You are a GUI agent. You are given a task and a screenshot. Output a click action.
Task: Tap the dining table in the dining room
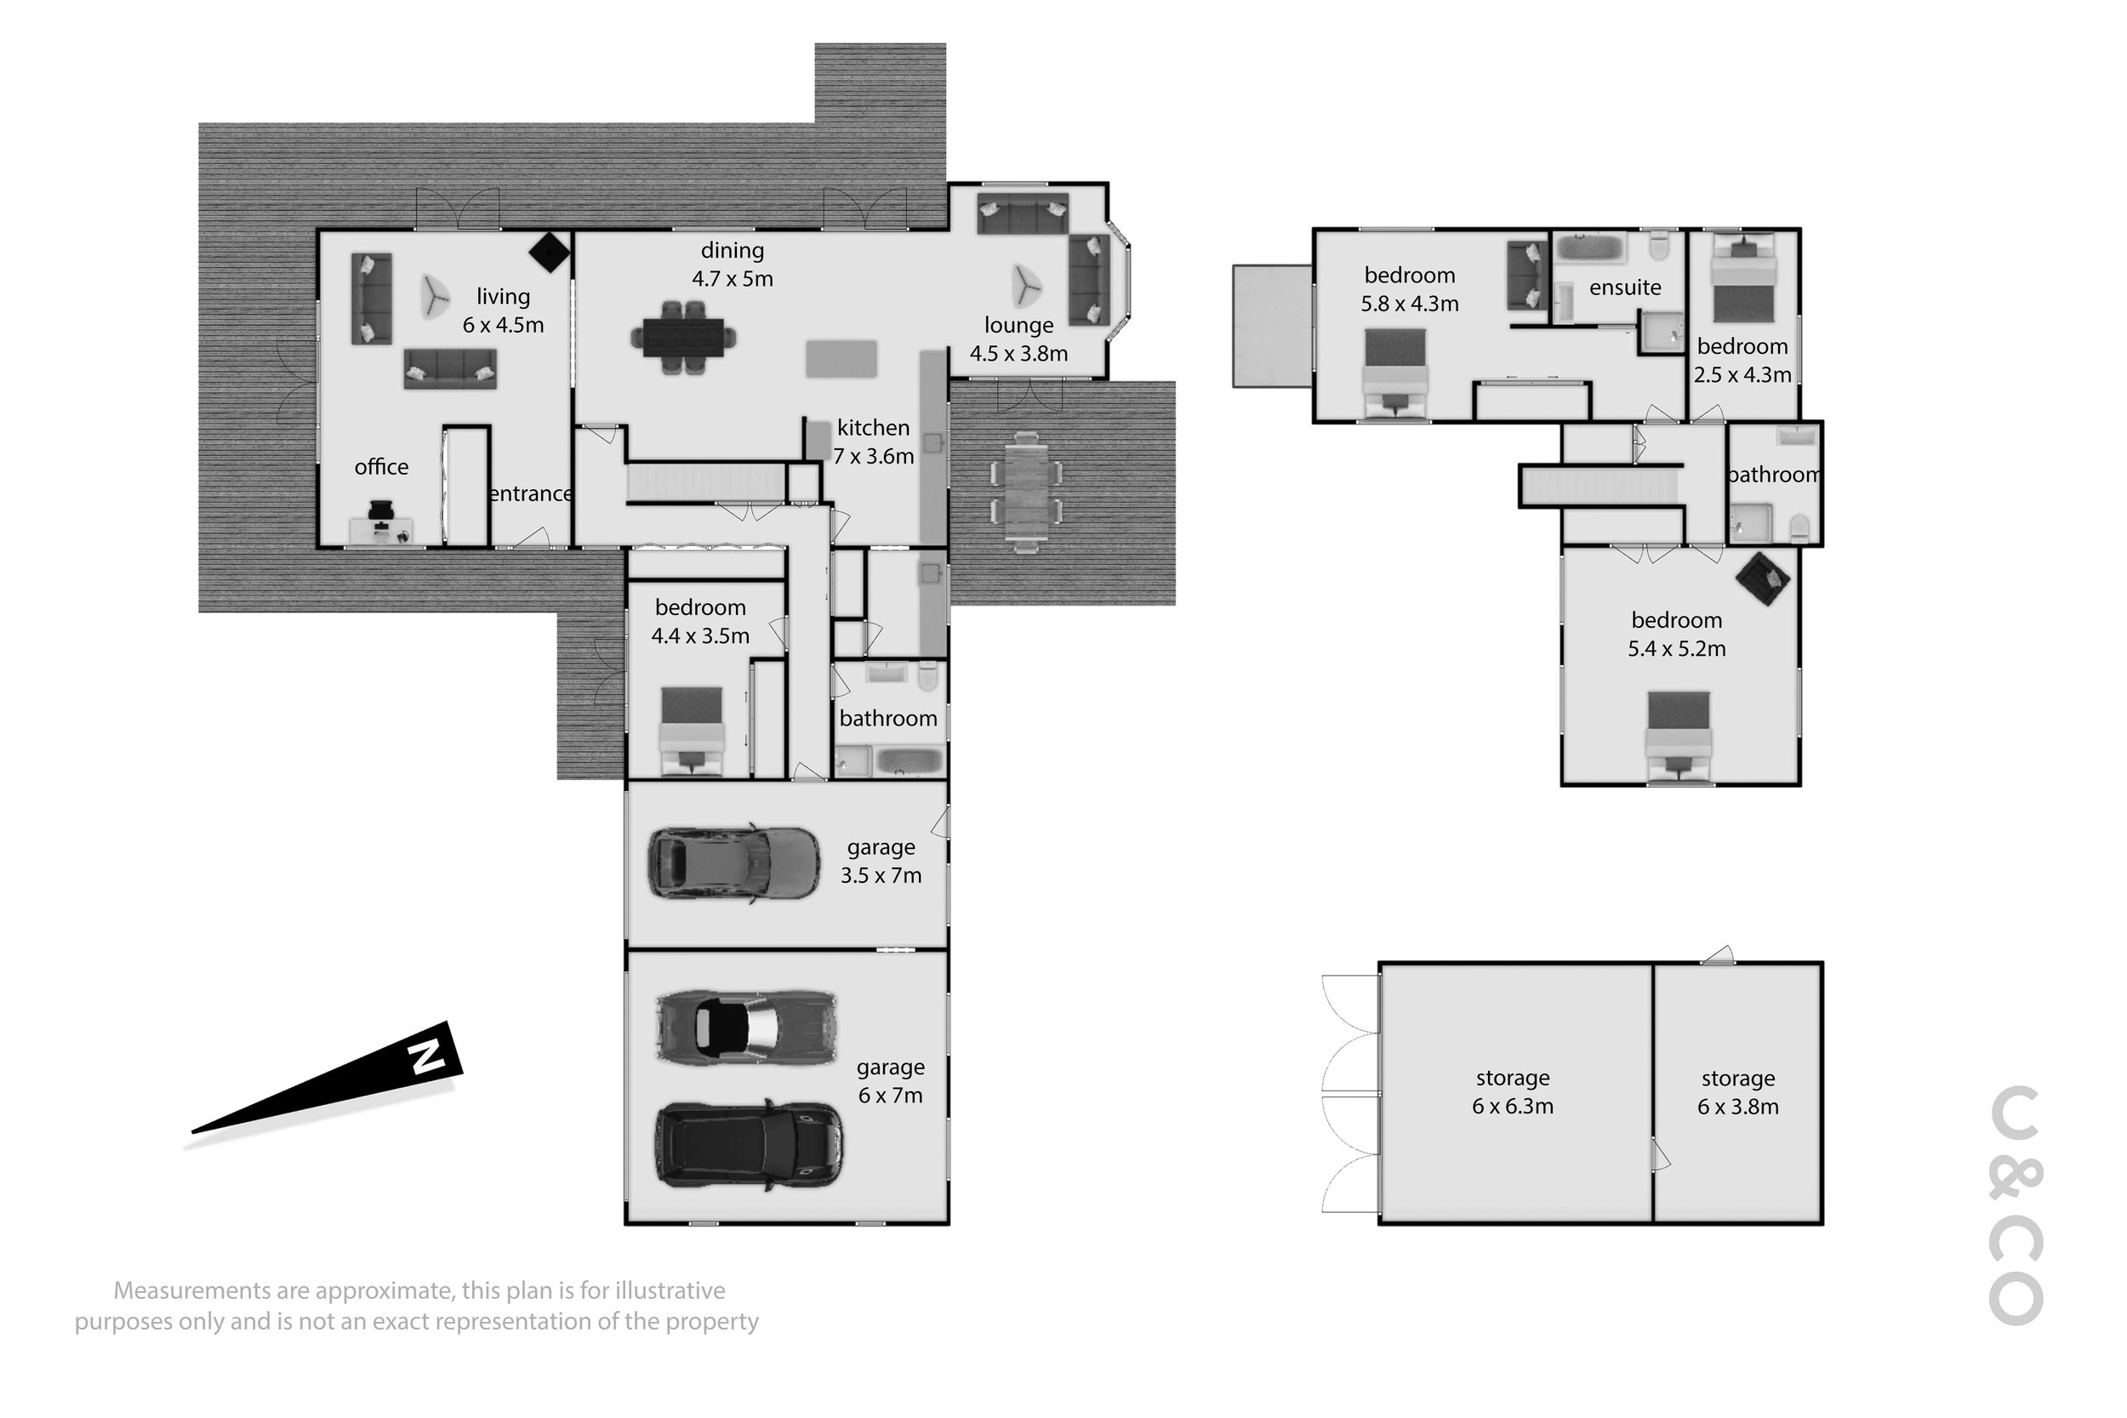point(684,338)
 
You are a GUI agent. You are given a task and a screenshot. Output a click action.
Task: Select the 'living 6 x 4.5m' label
point(504,310)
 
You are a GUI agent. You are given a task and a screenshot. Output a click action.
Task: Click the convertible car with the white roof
point(747,1027)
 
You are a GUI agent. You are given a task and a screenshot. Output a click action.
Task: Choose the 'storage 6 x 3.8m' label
point(1737,1092)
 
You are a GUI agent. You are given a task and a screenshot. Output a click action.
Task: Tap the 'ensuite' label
point(1625,288)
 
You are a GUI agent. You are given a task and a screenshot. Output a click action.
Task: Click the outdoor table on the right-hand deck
point(1025,493)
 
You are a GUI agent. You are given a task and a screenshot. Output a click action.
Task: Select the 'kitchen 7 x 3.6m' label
point(874,441)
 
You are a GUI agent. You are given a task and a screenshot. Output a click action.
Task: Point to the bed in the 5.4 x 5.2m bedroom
point(1679,737)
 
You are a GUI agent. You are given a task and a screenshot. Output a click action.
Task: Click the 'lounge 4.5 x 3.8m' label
point(1019,339)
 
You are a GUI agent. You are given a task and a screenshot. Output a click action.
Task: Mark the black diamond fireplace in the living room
point(549,253)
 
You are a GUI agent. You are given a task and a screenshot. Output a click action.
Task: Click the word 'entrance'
point(531,493)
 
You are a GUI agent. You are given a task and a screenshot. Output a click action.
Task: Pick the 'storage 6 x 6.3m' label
point(1513,1091)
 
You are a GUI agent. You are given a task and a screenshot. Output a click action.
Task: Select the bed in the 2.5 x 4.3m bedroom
point(1743,277)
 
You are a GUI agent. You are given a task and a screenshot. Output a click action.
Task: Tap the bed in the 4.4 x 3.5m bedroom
point(692,732)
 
